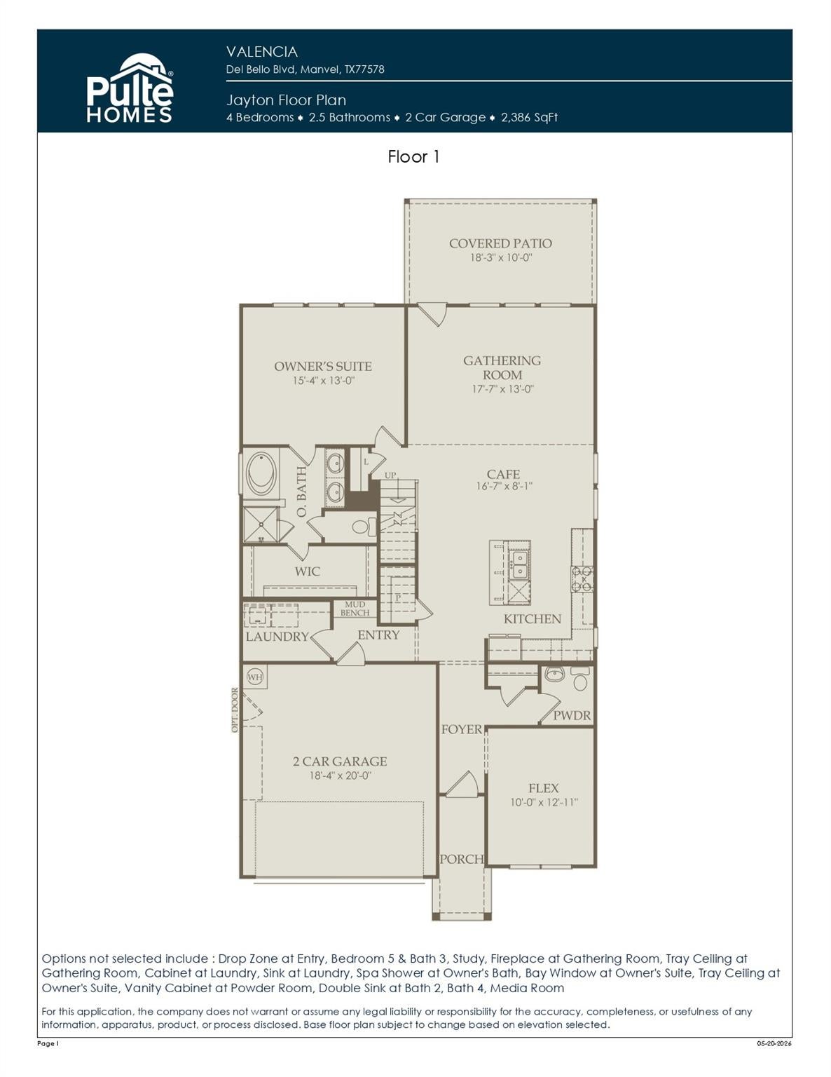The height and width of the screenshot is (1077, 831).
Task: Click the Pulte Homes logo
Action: [x=130, y=88]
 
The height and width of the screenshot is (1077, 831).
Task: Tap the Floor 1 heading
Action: [x=413, y=157]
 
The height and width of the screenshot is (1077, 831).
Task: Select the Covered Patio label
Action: [x=500, y=243]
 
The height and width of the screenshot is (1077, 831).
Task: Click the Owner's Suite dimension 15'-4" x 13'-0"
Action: [x=324, y=381]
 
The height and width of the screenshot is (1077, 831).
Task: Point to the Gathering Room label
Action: [x=502, y=367]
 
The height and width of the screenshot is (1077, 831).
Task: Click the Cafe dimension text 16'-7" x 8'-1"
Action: [x=504, y=486]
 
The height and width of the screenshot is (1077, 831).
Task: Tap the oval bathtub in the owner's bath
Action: [x=260, y=473]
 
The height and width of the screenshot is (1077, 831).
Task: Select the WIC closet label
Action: [x=307, y=571]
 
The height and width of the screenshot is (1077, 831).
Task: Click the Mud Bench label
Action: [x=355, y=609]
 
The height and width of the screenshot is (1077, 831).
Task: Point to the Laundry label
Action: [x=277, y=637]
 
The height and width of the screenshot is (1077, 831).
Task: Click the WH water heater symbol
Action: [x=254, y=677]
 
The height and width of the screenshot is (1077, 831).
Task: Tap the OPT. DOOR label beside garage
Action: [x=235, y=710]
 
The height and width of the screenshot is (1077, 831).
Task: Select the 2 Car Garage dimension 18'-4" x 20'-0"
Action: [x=341, y=775]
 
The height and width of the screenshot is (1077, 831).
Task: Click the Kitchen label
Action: [x=533, y=619]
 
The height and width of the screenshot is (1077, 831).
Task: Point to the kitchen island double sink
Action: [x=519, y=566]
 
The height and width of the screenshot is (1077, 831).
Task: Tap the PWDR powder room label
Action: [x=572, y=716]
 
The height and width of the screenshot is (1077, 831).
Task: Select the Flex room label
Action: [x=543, y=789]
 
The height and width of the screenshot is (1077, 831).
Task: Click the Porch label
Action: [x=461, y=859]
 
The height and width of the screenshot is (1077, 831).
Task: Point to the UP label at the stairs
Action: [x=390, y=475]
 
